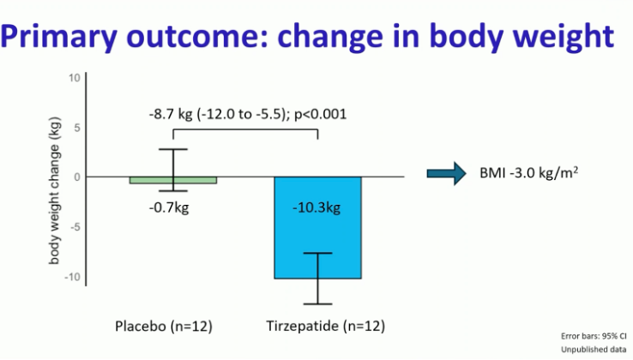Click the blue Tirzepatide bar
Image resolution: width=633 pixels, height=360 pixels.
pyautogui.click(x=317, y=228)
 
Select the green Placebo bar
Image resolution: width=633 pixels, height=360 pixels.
pyautogui.click(x=173, y=180)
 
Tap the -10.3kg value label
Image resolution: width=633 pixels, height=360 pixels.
pyautogui.click(x=316, y=207)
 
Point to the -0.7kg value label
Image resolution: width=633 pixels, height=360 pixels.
pyautogui.click(x=169, y=207)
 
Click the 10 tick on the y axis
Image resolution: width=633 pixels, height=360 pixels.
pyautogui.click(x=75, y=78)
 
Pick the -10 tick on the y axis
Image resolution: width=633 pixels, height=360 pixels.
pyautogui.click(x=72, y=277)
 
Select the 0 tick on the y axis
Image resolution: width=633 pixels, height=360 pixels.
pyautogui.click(x=77, y=177)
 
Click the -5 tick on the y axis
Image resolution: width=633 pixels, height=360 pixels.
pyautogui.click(x=75, y=227)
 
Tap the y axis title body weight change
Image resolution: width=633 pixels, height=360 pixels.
pyautogui.click(x=55, y=190)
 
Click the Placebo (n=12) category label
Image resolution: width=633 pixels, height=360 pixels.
pyautogui.click(x=164, y=326)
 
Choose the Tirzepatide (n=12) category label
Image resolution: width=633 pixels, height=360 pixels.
pyautogui.click(x=325, y=326)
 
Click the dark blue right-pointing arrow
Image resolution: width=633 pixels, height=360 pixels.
pyautogui.click(x=447, y=173)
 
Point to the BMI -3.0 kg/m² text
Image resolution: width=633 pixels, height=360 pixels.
pyautogui.click(x=529, y=173)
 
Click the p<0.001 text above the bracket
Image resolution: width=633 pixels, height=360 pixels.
pyautogui.click(x=321, y=114)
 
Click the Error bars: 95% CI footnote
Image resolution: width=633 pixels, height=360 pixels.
pyautogui.click(x=594, y=336)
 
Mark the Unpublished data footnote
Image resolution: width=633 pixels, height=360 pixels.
pyautogui.click(x=594, y=350)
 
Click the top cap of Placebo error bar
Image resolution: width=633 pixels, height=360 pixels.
pyautogui.click(x=173, y=149)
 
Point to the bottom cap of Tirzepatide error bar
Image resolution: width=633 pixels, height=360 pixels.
pyautogui.click(x=317, y=304)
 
